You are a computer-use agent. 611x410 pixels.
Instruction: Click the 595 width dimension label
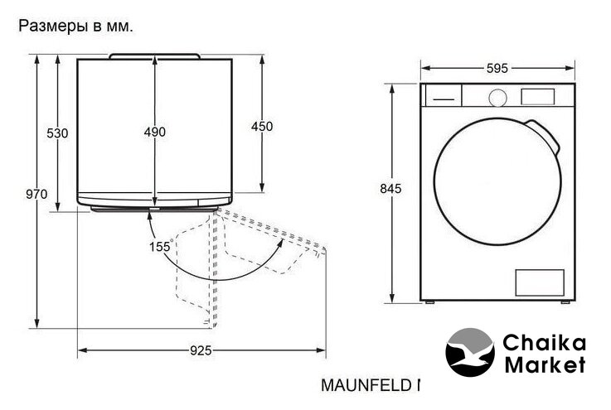(x=497, y=69)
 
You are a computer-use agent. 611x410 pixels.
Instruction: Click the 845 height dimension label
(x=390, y=189)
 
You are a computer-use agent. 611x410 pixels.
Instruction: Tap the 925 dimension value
(x=201, y=351)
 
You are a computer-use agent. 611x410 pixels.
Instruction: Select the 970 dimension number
(x=36, y=194)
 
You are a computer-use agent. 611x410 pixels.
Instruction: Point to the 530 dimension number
(x=57, y=133)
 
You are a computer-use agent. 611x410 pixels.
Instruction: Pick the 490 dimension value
(x=155, y=132)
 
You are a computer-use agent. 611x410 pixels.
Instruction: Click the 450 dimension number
(x=262, y=127)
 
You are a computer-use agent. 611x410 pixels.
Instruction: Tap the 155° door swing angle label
(x=161, y=246)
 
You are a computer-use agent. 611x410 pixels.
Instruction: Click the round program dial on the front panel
(x=498, y=98)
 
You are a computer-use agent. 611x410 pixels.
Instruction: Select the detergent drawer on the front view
(x=444, y=95)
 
